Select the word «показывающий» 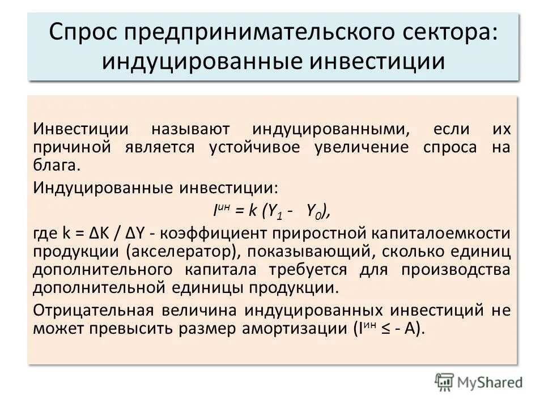pyautogui.click(x=315, y=251)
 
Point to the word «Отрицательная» pyautogui.click(x=93, y=309)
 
